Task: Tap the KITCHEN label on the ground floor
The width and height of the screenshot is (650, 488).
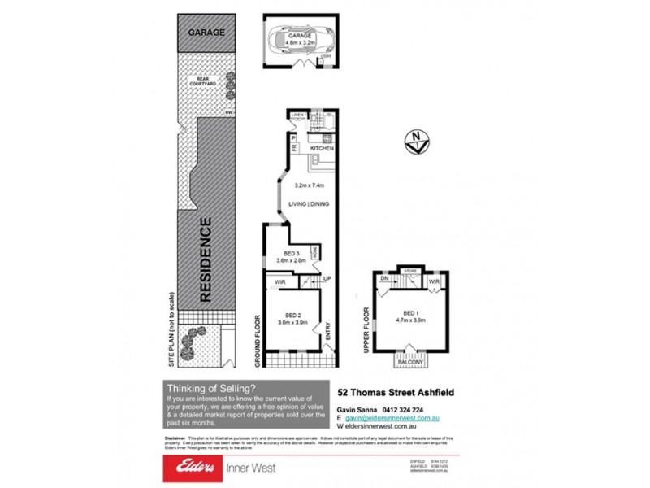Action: (x=322, y=148)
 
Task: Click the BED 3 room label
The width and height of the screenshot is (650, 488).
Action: (x=292, y=253)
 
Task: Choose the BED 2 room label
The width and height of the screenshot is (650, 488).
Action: (x=292, y=315)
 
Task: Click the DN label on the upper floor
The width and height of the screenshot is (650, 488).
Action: (x=384, y=279)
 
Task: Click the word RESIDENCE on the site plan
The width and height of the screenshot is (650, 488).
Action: (x=206, y=260)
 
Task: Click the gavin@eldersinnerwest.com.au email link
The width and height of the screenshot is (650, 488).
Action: (x=393, y=417)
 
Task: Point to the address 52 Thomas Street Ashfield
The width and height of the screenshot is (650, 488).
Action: (x=396, y=391)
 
